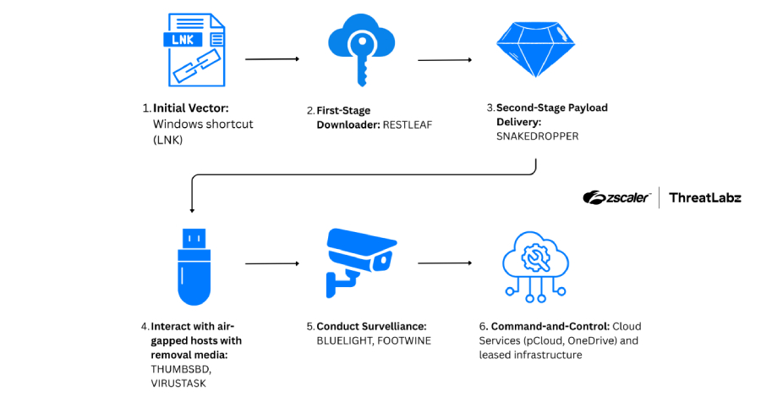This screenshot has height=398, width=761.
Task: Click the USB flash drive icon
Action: coord(194,266)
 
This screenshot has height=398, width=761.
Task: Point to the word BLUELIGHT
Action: coord(345,340)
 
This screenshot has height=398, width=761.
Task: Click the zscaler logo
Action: coord(616,197)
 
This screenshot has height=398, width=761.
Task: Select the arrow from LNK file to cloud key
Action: coord(272,59)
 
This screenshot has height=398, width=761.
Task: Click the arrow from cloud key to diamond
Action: coord(445,60)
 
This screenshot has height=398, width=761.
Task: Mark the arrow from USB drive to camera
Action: coord(272,263)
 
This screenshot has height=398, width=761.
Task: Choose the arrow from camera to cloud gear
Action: coord(445,263)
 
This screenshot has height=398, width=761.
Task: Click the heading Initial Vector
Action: coord(190,108)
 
